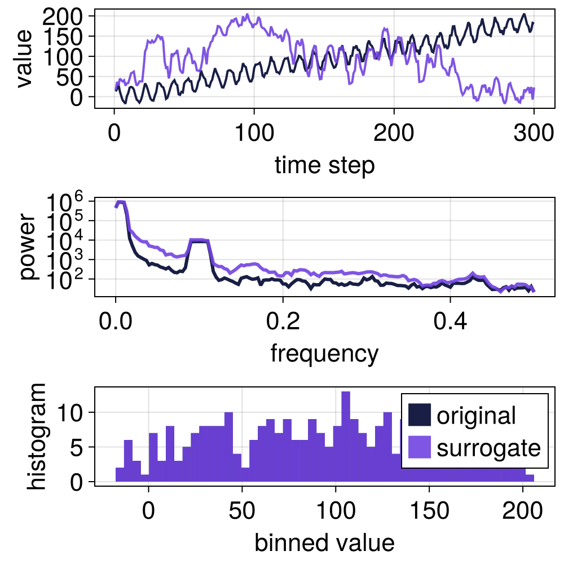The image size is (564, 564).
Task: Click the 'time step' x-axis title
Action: click(324, 165)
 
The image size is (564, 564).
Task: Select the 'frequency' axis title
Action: click(324, 354)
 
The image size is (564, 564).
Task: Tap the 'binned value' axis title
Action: click(324, 543)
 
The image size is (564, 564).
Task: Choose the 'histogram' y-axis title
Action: click(38, 435)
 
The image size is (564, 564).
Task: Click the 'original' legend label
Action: click(477, 416)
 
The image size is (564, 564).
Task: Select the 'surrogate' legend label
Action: click(488, 448)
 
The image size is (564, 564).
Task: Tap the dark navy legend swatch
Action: click(420, 416)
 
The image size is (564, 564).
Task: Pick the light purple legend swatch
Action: click(420, 448)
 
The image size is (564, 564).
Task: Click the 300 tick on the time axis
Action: click(532, 135)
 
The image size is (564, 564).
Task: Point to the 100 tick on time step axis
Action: click(254, 135)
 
